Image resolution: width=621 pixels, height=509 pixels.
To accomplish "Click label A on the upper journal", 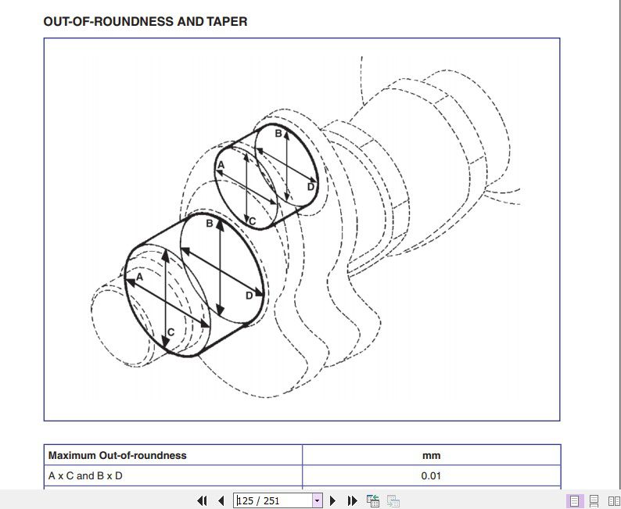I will [221, 164].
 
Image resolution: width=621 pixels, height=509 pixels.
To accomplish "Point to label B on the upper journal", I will [278, 134].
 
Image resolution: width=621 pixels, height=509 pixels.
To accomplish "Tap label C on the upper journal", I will [253, 222].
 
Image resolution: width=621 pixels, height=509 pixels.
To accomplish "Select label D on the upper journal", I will [310, 187].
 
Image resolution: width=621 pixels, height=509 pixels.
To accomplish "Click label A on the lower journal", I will [140, 277].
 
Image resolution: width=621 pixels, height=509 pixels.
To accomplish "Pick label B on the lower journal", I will [210, 224].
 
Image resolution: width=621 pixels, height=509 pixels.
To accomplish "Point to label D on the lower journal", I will [249, 296].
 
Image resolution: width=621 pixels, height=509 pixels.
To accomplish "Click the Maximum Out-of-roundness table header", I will [117, 455].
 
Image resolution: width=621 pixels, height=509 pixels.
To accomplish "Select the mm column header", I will [431, 455].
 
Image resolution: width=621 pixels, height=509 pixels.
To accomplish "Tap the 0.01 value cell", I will [431, 475].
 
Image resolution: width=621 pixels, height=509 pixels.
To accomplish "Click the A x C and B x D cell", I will [85, 475].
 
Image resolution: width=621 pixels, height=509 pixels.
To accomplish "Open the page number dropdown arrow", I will [317, 500].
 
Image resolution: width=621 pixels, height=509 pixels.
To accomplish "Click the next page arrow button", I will [332, 500].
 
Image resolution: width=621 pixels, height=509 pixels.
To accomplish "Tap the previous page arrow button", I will [221, 500].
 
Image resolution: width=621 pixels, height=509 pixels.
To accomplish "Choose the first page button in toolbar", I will [202, 500].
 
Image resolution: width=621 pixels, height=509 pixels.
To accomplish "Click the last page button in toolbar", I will [352, 500].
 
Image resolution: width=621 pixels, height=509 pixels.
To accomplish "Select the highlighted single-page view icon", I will [575, 500].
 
